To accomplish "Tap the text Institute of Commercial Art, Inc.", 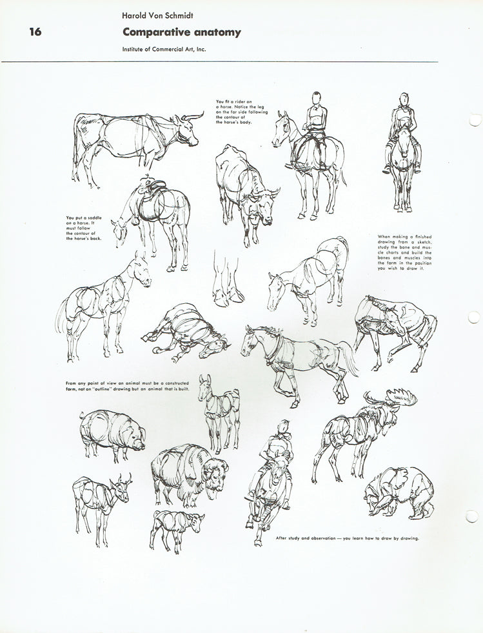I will click(164, 50).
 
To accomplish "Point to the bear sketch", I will click(398, 492).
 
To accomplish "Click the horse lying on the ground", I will click(186, 332).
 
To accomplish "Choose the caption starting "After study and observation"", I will click(347, 538).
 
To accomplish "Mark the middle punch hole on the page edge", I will click(475, 317).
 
